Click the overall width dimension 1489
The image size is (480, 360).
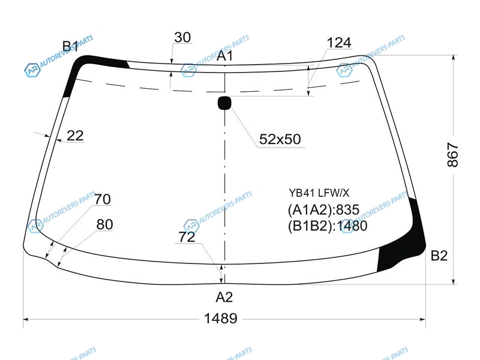point(220,319)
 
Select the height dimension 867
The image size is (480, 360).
point(453,155)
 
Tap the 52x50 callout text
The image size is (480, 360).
point(280,139)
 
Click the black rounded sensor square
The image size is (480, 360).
point(224,103)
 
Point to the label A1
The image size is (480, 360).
point(224,56)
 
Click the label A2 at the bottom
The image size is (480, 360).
point(224,297)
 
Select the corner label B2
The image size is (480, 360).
point(439,256)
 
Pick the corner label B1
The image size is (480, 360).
point(70,46)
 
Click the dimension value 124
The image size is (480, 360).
point(339,43)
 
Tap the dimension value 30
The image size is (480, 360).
point(182,37)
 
